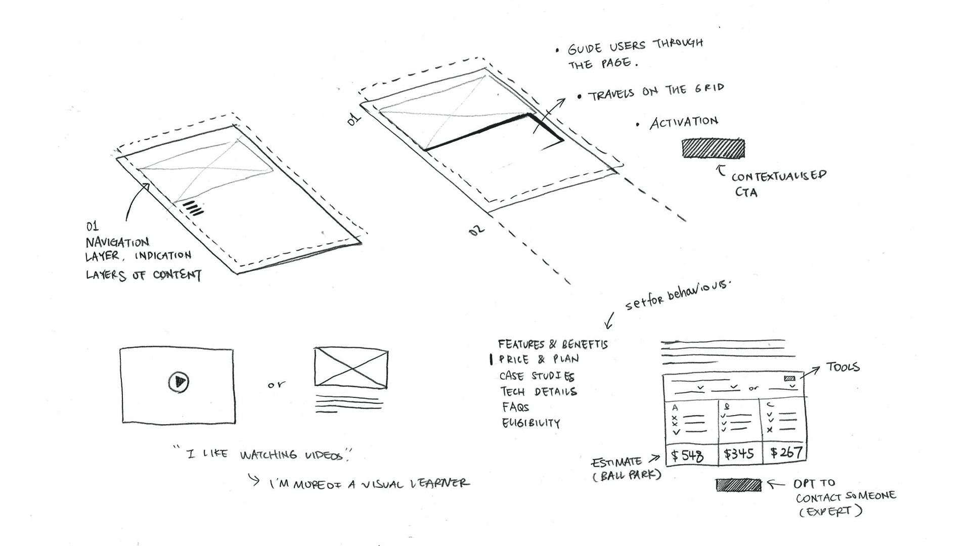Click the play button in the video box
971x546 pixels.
coord(179,382)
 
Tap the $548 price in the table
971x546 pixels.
coord(687,455)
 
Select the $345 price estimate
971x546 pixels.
coord(739,453)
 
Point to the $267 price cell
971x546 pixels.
coord(786,452)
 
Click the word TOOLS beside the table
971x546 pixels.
coord(843,367)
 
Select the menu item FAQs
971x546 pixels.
coord(515,407)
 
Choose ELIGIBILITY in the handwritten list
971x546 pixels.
coord(531,423)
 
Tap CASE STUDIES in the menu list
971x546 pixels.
coord(537,376)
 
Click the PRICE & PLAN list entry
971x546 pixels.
coord(539,359)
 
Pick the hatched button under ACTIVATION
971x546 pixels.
coord(713,149)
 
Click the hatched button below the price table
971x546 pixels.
coord(738,485)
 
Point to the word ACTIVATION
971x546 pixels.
coord(684,122)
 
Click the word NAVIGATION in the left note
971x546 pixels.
coord(117,242)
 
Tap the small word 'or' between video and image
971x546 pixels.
coord(276,385)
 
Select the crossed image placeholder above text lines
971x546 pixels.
coord(351,368)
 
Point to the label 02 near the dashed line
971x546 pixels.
coord(476,231)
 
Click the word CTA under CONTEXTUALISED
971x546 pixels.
coord(746,192)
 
